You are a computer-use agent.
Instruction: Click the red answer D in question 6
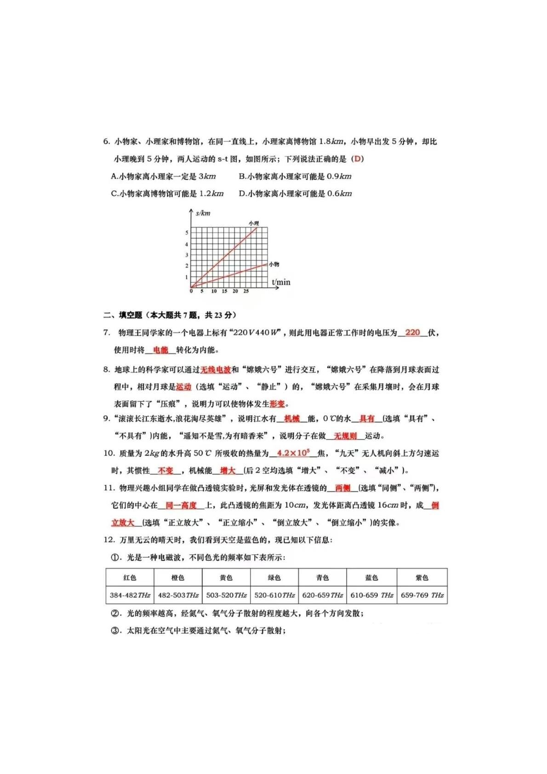357,159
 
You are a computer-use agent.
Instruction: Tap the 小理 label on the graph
254,224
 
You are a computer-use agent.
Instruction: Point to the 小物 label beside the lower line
274,264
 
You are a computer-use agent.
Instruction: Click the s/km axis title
203,213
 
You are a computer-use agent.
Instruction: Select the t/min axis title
281,282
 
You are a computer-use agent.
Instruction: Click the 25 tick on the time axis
246,291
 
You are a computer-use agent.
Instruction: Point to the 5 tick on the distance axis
187,233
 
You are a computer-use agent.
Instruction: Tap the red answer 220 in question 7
412,333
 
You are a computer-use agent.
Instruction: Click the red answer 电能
160,350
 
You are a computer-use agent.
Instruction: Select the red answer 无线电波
215,370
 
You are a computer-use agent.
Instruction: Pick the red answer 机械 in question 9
292,419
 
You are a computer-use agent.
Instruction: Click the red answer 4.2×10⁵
293,453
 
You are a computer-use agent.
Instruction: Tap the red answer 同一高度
181,505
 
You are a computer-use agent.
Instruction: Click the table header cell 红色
130,578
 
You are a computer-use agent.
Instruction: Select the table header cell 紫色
422,578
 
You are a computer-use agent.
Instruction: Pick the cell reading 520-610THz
274,595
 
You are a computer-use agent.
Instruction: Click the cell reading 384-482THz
130,595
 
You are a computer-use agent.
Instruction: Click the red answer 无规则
345,436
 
